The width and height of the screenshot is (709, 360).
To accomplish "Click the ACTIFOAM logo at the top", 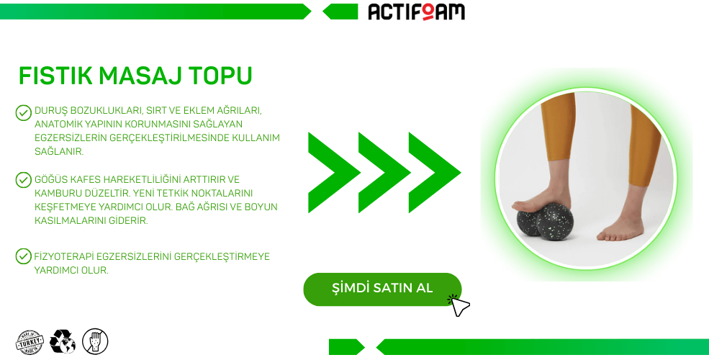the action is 417,12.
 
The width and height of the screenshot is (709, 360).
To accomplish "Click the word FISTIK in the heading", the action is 55,76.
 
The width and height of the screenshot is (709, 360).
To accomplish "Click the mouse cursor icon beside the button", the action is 459,305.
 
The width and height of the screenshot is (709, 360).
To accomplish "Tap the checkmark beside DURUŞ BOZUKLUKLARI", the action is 23,112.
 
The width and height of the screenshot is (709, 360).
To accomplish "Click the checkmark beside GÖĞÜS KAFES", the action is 23,180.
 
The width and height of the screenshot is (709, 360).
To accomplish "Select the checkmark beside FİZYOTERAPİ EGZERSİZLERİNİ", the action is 23,256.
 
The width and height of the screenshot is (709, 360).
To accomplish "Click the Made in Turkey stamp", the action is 30,343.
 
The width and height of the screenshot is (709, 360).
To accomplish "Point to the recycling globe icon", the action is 63,341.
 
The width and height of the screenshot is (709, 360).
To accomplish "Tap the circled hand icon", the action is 95,341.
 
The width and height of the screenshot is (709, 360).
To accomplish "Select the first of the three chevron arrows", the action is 334,172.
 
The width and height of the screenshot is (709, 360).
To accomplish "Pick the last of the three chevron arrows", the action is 435,172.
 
